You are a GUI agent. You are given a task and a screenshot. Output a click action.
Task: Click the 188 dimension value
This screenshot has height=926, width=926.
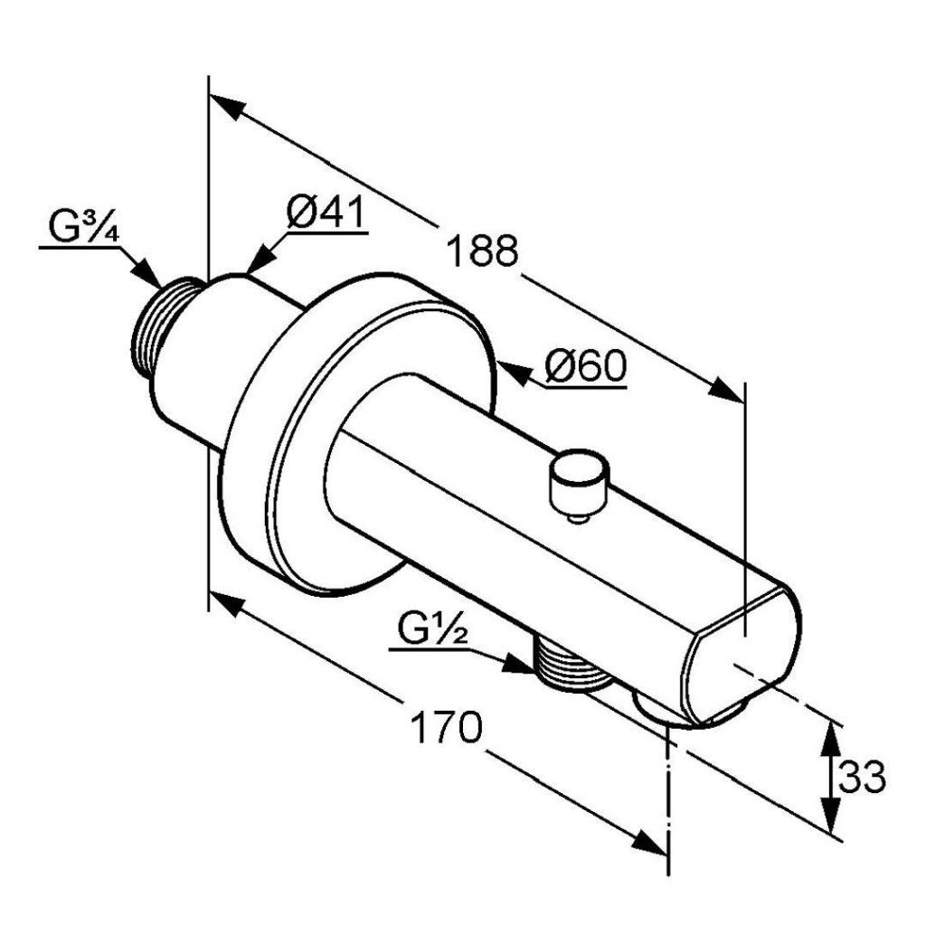482,250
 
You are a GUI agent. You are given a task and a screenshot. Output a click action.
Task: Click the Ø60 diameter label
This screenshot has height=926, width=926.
585,366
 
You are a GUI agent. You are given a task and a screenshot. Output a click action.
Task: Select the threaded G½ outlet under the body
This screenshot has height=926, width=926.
569,663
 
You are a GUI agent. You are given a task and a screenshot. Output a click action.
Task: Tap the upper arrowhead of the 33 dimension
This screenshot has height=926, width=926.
830,738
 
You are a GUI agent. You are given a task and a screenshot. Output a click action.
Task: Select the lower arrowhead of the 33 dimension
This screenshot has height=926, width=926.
831,816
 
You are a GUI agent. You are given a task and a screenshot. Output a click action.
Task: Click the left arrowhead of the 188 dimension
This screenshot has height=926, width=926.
227,107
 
